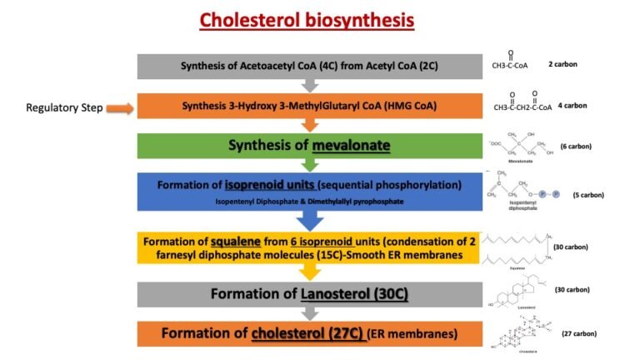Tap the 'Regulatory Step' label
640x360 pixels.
pos(58,107)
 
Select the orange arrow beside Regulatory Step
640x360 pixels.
pos(117,107)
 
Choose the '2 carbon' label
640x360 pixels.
pos(562,64)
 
